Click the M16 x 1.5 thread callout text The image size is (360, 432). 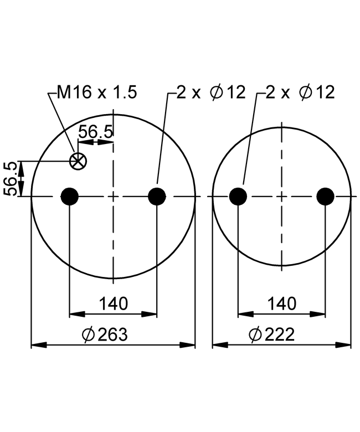(97, 92)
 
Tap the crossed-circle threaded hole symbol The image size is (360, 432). (78, 161)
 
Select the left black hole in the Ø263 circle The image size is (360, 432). (69, 197)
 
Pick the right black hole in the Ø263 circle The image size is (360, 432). (157, 197)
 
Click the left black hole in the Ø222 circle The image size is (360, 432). (238, 197)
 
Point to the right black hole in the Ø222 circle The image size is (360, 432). (325, 197)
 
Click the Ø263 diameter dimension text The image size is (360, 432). (105, 334)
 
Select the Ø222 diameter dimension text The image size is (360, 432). (272, 334)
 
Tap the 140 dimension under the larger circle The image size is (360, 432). (114, 304)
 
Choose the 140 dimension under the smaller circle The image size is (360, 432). (282, 304)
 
